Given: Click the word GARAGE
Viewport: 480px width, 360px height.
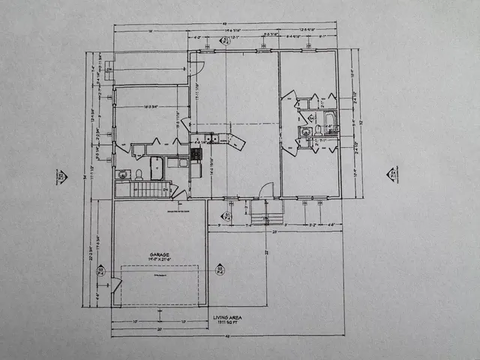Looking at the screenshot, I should [x=158, y=255].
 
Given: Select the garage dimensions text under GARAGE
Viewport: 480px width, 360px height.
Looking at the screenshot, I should [x=158, y=260].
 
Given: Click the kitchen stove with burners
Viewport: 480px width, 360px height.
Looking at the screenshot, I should [x=196, y=152].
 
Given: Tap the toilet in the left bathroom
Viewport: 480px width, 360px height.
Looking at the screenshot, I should [x=139, y=175].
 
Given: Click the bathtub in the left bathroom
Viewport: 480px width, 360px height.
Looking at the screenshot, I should [x=157, y=168].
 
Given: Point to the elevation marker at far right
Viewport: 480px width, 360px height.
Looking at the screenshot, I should [x=392, y=175].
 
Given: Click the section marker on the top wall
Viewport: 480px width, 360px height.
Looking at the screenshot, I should [x=226, y=41].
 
